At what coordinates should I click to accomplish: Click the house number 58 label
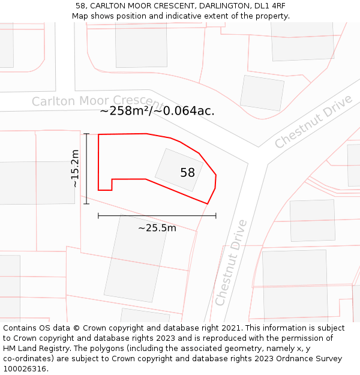click(187, 173)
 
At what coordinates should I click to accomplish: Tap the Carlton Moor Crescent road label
click(96, 101)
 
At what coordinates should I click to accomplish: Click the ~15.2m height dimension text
click(75, 169)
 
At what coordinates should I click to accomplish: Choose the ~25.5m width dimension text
click(157, 228)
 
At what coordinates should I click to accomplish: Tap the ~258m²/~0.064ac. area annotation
click(157, 111)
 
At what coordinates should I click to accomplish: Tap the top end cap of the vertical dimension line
click(86, 134)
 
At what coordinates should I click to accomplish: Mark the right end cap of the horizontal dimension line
click(216, 215)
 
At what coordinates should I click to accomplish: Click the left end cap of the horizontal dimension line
click(98, 215)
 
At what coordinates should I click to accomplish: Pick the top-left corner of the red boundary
click(99, 135)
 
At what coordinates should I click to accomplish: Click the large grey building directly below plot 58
click(136, 257)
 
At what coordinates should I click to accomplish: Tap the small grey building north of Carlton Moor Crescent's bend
click(262, 92)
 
